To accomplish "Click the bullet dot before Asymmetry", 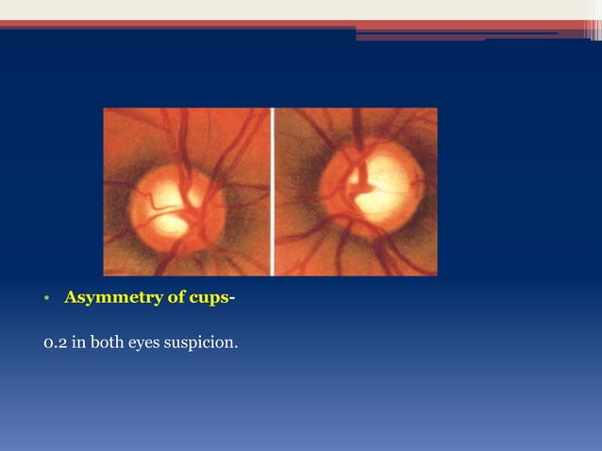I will tap(45, 300).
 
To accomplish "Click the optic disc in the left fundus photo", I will tap(177, 201).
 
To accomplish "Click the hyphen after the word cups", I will tap(232, 299).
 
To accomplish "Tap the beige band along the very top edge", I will tap(283, 8).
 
